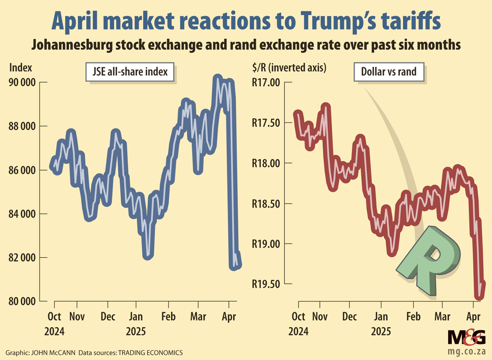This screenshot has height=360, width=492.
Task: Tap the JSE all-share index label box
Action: [x=130, y=73]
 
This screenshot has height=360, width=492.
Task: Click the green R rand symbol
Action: [x=429, y=261]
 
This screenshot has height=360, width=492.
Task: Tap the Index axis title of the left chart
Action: [x=19, y=67]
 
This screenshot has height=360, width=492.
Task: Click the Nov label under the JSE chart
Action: [x=76, y=316]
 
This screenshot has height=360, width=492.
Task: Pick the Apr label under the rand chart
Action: [x=473, y=316]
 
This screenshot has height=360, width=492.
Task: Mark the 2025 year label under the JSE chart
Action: [x=135, y=330]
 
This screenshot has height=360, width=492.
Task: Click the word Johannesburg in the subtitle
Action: [x=69, y=45]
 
